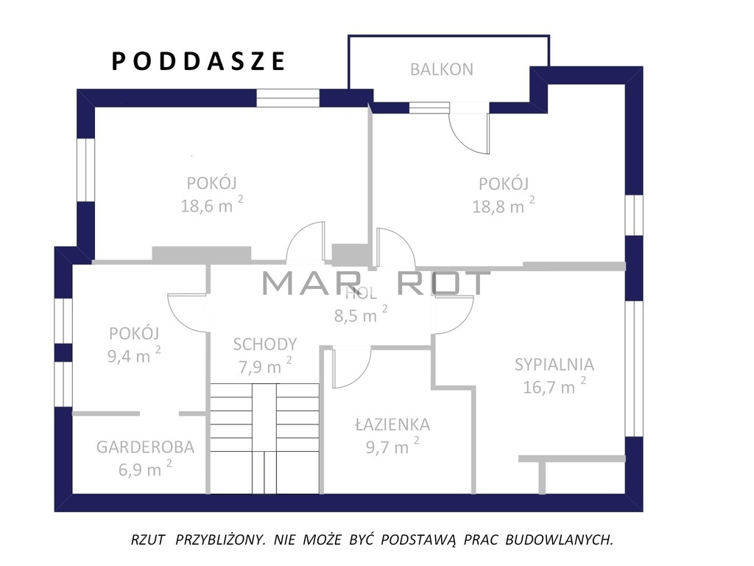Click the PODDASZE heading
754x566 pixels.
point(199,62)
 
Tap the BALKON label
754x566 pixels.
point(442,70)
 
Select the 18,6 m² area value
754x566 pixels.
point(211,206)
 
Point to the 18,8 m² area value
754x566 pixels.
point(504,206)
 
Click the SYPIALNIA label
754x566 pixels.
point(554,365)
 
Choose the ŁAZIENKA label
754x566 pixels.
point(392,424)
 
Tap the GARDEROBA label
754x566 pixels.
point(145,447)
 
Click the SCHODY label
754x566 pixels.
point(265,344)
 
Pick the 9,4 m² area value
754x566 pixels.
point(134,356)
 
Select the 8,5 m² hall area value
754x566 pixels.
point(361,315)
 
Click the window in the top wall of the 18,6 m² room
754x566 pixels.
point(288,98)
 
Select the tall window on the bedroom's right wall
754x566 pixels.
point(634,368)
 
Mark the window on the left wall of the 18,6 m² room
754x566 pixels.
point(86,170)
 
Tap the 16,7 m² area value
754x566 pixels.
point(554,386)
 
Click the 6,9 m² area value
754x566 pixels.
point(145,468)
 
